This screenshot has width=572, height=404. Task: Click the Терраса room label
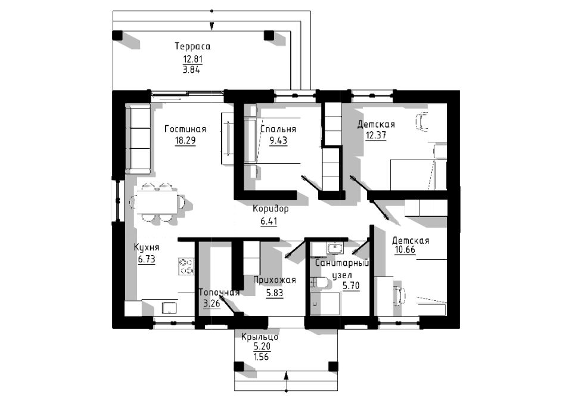(x=192, y=46)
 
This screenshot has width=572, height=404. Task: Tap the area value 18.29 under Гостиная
(x=185, y=141)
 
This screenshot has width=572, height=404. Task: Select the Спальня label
(x=278, y=129)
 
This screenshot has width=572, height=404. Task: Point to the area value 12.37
(x=376, y=135)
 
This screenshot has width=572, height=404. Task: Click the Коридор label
(x=271, y=209)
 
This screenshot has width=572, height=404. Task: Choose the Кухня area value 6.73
(x=147, y=259)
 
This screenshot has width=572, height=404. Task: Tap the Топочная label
(x=219, y=293)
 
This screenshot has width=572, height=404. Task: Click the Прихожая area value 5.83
(x=275, y=293)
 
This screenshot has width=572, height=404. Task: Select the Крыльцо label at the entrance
(x=260, y=337)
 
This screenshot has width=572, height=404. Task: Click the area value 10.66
(x=405, y=250)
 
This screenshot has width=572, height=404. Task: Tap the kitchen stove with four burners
(x=186, y=266)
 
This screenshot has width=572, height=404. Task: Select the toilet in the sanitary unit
(x=320, y=282)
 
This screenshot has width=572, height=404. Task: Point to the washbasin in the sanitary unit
(x=334, y=248)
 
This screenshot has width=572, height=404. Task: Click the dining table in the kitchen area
(x=157, y=202)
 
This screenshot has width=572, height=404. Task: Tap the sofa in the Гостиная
(x=138, y=138)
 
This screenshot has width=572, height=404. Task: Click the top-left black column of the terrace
(x=117, y=35)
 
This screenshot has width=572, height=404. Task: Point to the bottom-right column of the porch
(x=333, y=366)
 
